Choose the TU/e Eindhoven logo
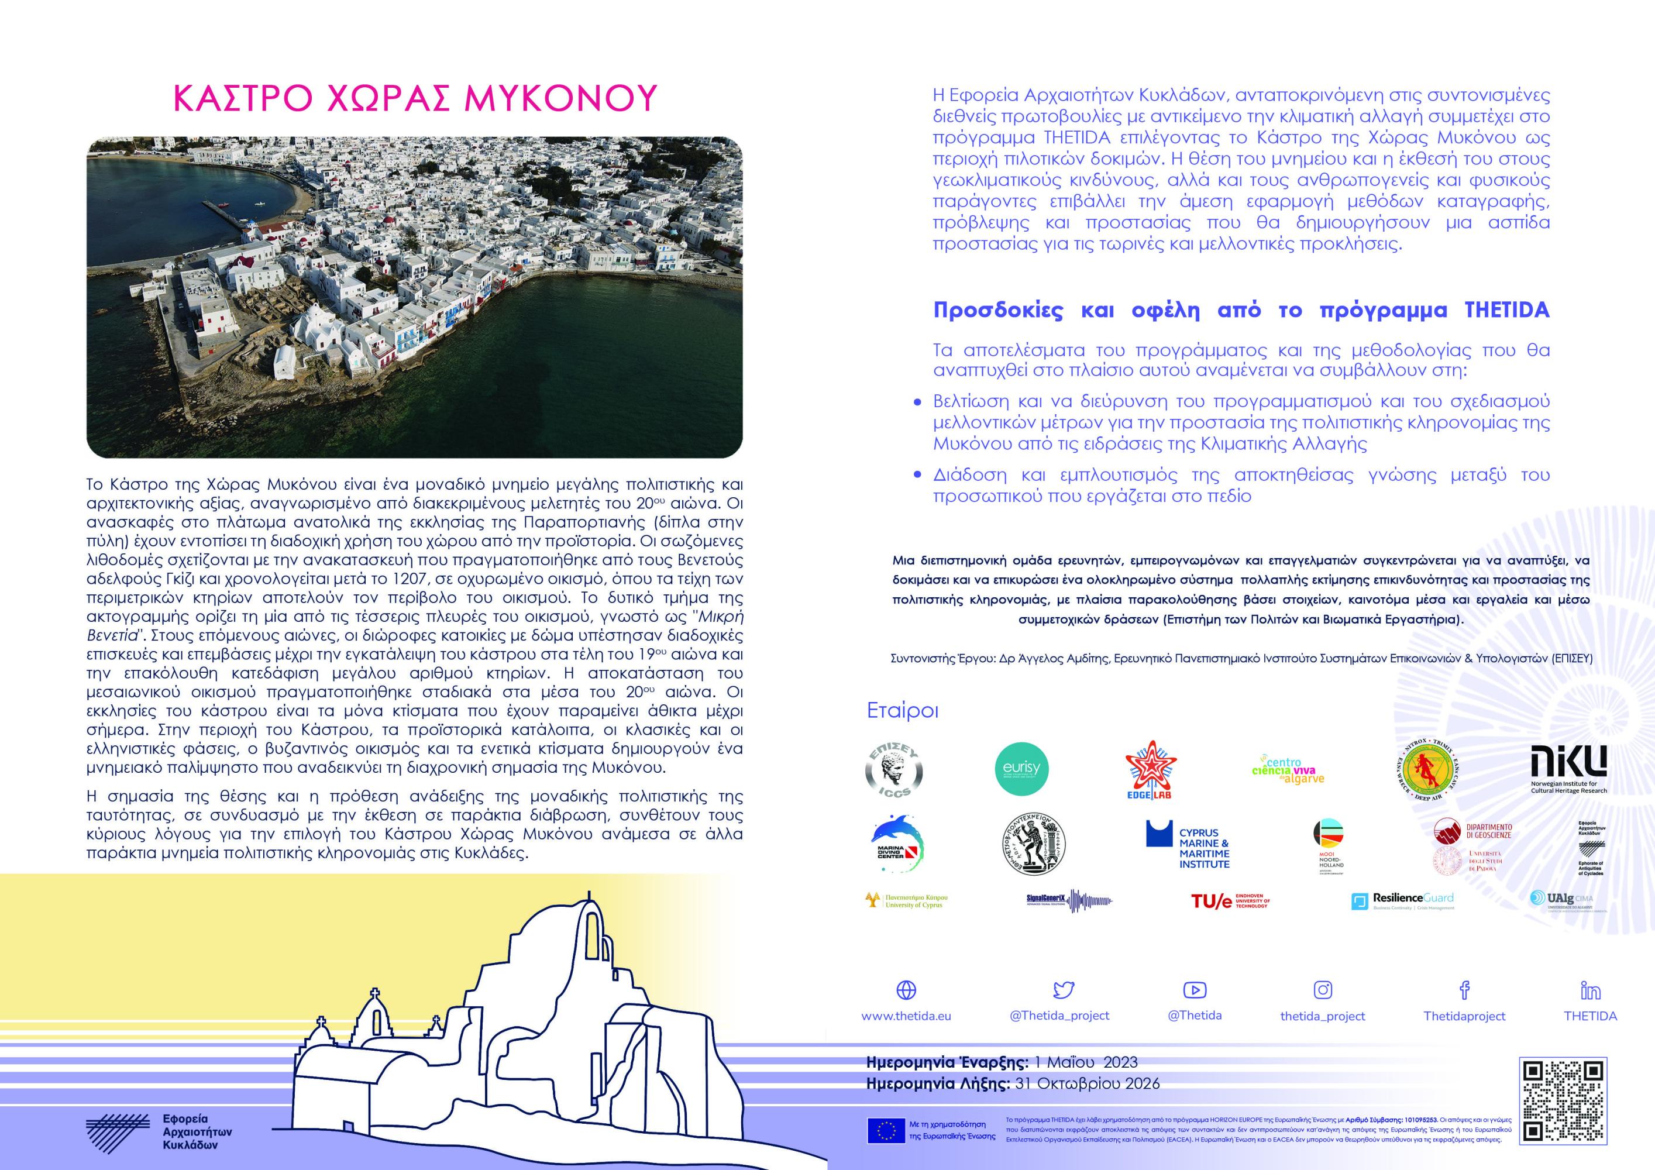1230,900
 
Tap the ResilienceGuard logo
1403,900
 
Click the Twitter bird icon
1063,990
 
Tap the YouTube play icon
1195,990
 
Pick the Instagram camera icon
1323,990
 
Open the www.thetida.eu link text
906,1016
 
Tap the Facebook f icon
1464,990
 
